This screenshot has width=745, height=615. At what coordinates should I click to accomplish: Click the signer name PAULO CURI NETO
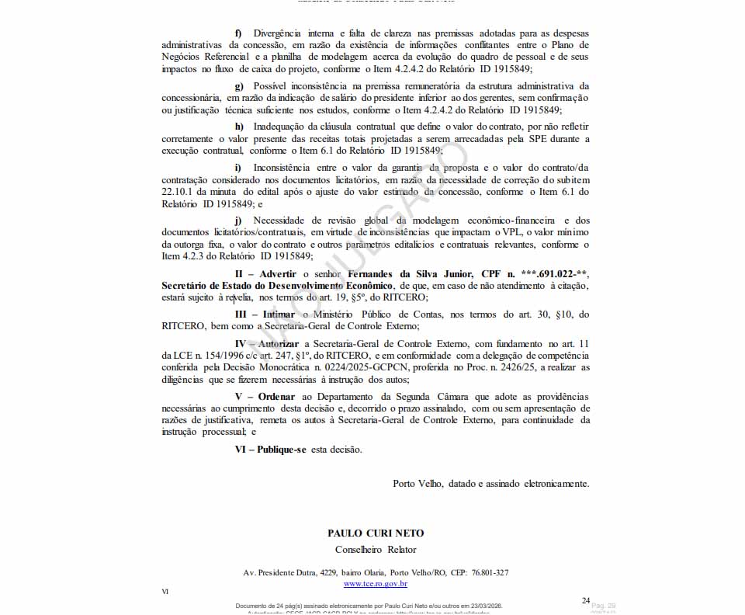click(x=376, y=533)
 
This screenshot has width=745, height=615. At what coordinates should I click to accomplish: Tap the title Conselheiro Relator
click(x=376, y=550)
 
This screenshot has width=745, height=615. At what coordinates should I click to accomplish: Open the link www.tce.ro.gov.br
click(x=376, y=583)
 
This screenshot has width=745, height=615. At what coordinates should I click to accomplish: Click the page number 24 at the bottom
click(x=586, y=600)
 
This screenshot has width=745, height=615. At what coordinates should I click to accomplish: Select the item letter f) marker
click(x=238, y=33)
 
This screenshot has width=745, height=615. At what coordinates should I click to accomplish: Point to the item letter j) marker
click(x=238, y=221)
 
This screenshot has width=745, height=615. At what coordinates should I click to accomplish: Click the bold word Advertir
click(x=277, y=274)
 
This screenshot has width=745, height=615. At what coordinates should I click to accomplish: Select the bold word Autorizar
click(x=279, y=343)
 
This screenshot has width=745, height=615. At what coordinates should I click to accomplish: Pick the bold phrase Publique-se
click(x=282, y=450)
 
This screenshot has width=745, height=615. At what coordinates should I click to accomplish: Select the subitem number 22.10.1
click(x=178, y=192)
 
